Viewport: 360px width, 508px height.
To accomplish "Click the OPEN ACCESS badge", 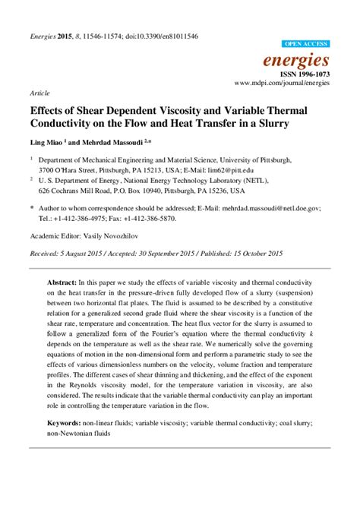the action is [305, 45].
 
